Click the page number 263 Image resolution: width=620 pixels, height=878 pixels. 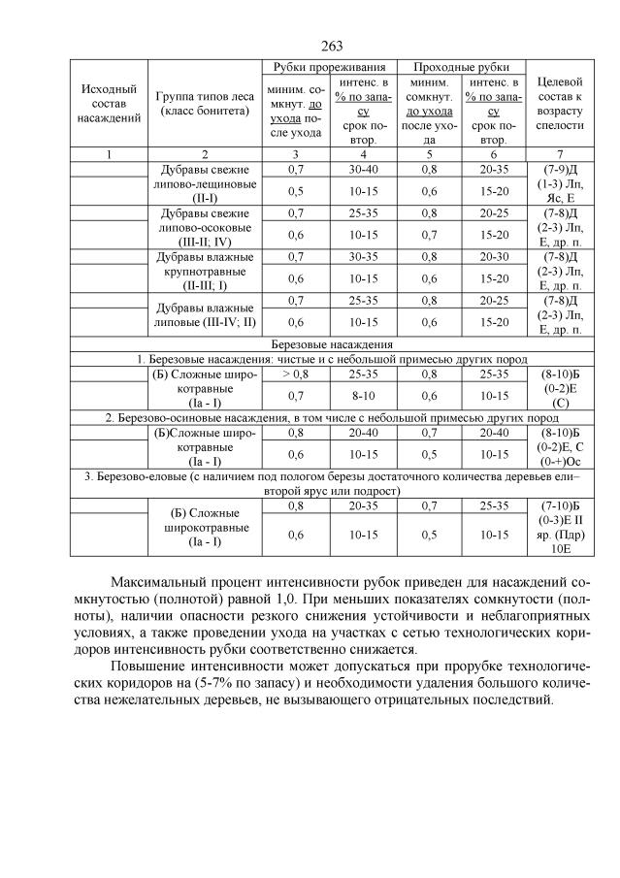[331, 46]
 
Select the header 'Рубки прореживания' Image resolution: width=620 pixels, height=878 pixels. [329, 67]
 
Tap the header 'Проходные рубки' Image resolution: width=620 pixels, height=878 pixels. [461, 67]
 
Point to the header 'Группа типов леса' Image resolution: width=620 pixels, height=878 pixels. [204, 103]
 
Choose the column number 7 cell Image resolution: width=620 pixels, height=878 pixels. [559, 153]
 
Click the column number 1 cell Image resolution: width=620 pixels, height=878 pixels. [109, 153]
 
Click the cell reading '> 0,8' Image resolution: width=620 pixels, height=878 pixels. [295, 372]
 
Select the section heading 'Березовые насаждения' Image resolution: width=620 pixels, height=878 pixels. [331, 343]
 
